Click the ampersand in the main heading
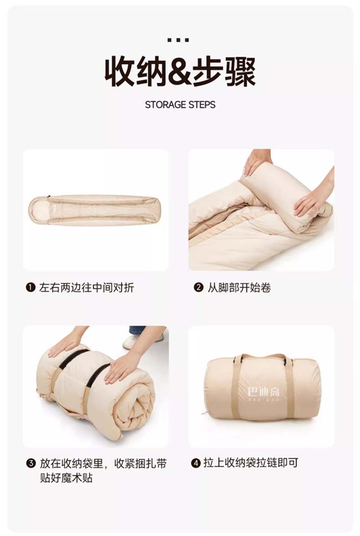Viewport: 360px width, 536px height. click(x=180, y=72)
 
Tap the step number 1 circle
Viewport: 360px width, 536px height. click(x=31, y=287)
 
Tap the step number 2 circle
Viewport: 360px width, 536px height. click(x=198, y=287)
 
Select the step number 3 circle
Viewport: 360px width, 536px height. click(x=31, y=464)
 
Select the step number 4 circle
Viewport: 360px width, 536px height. click(x=196, y=463)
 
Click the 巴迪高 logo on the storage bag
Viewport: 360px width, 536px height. click(x=264, y=394)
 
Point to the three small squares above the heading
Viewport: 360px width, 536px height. click(x=178, y=40)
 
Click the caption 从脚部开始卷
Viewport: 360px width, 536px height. click(x=239, y=287)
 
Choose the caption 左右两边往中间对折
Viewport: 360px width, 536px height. click(x=86, y=287)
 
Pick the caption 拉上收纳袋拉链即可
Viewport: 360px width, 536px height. click(x=251, y=463)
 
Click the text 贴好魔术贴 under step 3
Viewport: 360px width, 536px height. click(x=67, y=478)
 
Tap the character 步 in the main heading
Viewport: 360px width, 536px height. click(x=208, y=72)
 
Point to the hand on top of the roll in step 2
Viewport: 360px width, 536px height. click(x=256, y=161)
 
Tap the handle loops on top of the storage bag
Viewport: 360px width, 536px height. click(x=263, y=357)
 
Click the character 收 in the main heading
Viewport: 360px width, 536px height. click(x=120, y=72)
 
